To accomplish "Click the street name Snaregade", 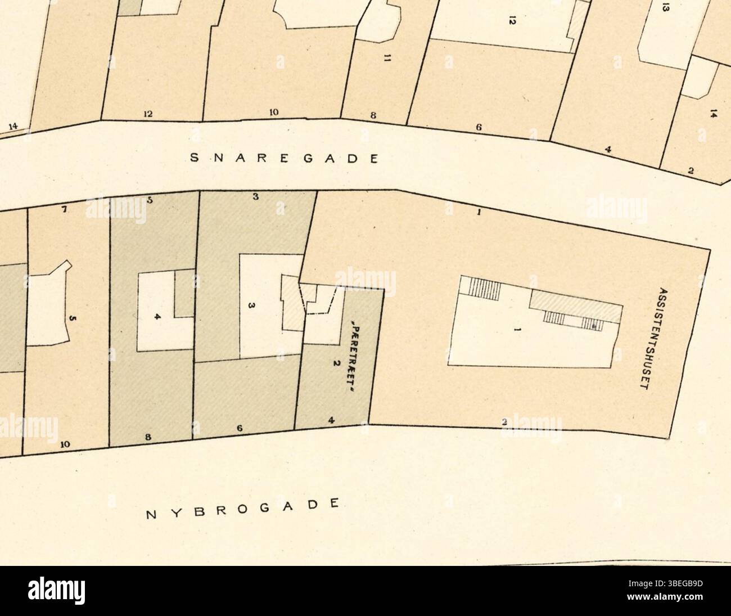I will (283, 158).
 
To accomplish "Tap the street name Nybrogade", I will (243, 508).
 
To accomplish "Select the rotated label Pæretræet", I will (356, 354).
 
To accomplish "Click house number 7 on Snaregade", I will (65, 210).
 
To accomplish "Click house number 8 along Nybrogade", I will (148, 437).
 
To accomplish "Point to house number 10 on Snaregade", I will (273, 112).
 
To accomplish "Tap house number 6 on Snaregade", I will (479, 127).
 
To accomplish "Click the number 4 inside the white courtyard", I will (158, 317).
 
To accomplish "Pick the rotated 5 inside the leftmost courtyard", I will (72, 319).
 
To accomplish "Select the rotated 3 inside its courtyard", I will (252, 305).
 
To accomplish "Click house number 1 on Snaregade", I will (478, 213).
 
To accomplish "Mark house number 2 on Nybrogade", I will (504, 421).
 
